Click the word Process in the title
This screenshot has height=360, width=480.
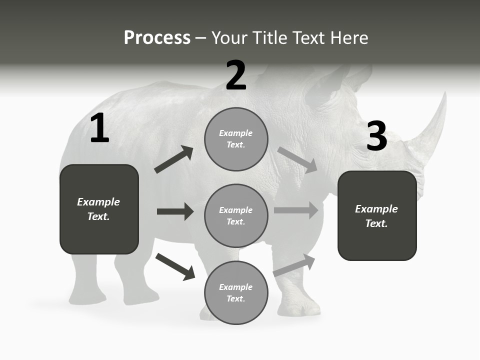[157, 38]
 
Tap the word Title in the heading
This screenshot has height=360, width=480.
[268, 38]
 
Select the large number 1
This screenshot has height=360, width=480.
[99, 129]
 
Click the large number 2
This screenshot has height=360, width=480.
[236, 75]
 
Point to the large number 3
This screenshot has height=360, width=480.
[376, 136]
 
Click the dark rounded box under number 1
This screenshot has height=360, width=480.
[99, 209]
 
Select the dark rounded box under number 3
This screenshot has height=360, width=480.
[377, 216]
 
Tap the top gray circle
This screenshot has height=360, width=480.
[236, 139]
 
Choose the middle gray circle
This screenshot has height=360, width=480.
[236, 216]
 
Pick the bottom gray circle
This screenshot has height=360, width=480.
[236, 293]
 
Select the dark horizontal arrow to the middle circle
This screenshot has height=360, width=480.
[175, 211]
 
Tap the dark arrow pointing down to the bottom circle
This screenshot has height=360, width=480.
[175, 266]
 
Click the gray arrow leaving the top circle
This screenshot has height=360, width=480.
[297, 159]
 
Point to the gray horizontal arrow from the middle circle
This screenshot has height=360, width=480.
[296, 210]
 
